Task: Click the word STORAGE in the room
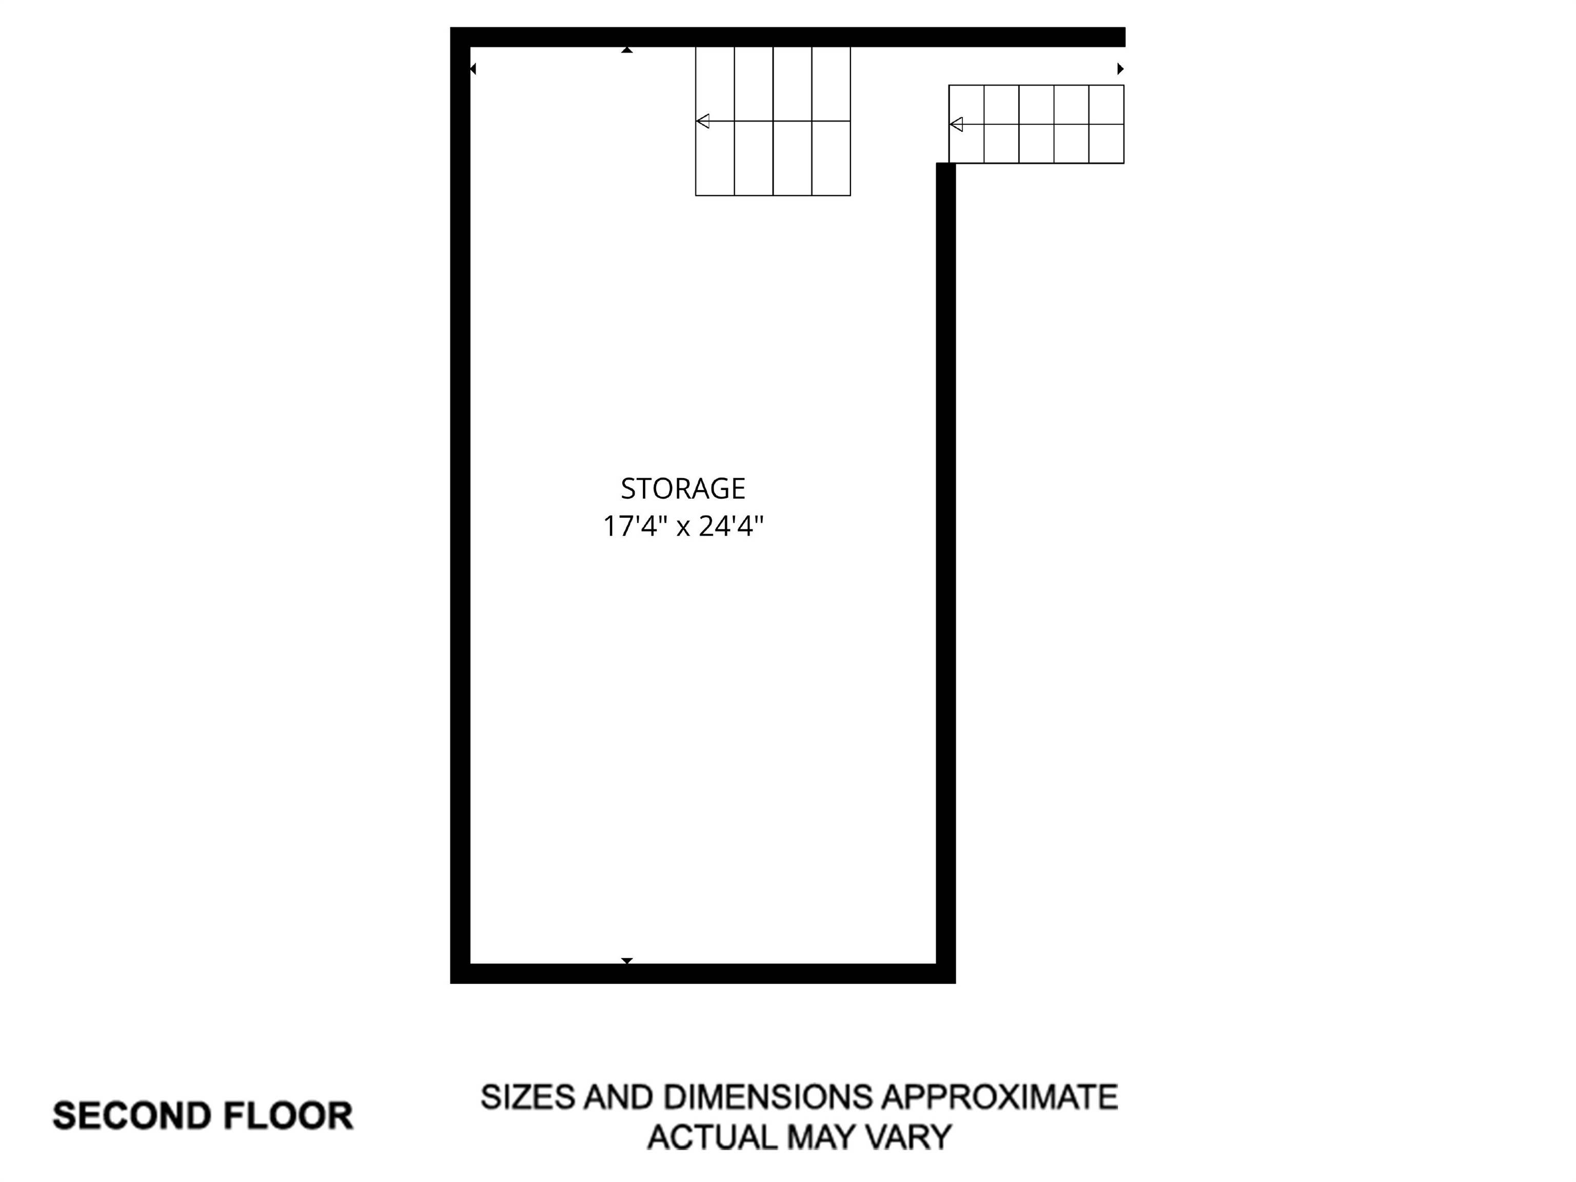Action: click(x=682, y=489)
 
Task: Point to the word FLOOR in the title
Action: click(x=288, y=1116)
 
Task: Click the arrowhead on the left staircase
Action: click(x=702, y=121)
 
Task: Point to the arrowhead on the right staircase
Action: click(x=956, y=125)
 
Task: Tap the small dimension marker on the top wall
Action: click(x=627, y=50)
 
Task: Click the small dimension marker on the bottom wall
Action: click(x=627, y=961)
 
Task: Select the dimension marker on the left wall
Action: click(x=472, y=69)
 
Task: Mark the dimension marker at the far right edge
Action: click(x=1120, y=69)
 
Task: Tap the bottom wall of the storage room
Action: click(x=702, y=973)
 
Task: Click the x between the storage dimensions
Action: click(x=682, y=528)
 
